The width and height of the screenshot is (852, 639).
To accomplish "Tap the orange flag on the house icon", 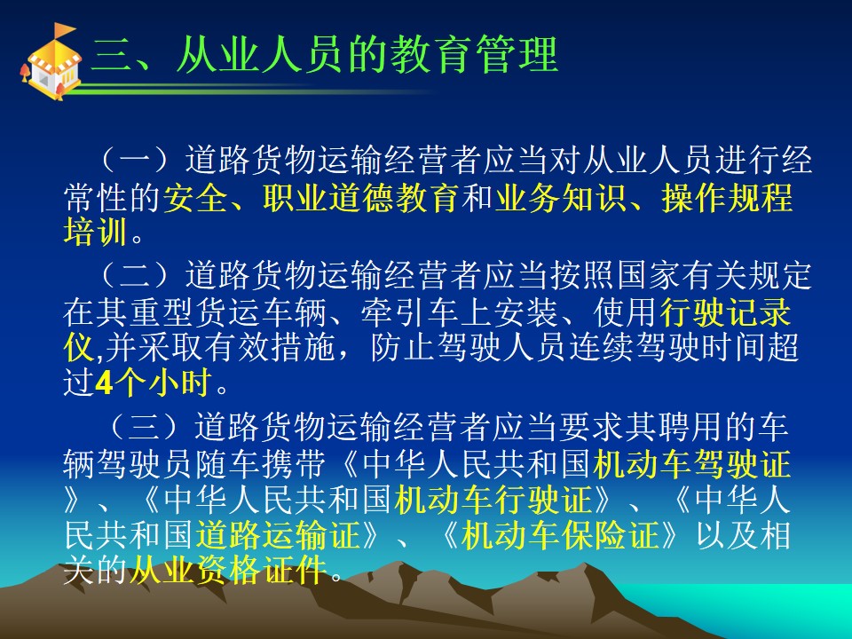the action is [x=65, y=29].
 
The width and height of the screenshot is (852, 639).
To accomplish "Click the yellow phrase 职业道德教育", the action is [x=361, y=198].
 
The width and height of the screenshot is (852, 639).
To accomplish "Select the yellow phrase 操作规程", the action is [x=727, y=198].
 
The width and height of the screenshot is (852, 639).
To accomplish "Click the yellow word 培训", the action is [x=96, y=233].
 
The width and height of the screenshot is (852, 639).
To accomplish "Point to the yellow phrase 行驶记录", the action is [x=726, y=312].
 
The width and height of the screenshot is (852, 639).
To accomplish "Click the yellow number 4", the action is [x=103, y=383].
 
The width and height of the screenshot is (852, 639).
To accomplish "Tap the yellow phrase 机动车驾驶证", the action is [x=692, y=464].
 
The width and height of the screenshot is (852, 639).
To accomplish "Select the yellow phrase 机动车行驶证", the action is [x=493, y=500].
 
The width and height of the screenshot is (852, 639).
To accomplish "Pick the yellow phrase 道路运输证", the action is [x=278, y=535].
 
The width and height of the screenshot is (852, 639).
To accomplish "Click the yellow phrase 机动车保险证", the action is [x=560, y=535].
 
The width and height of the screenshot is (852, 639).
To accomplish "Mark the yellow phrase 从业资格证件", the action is [x=228, y=571].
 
